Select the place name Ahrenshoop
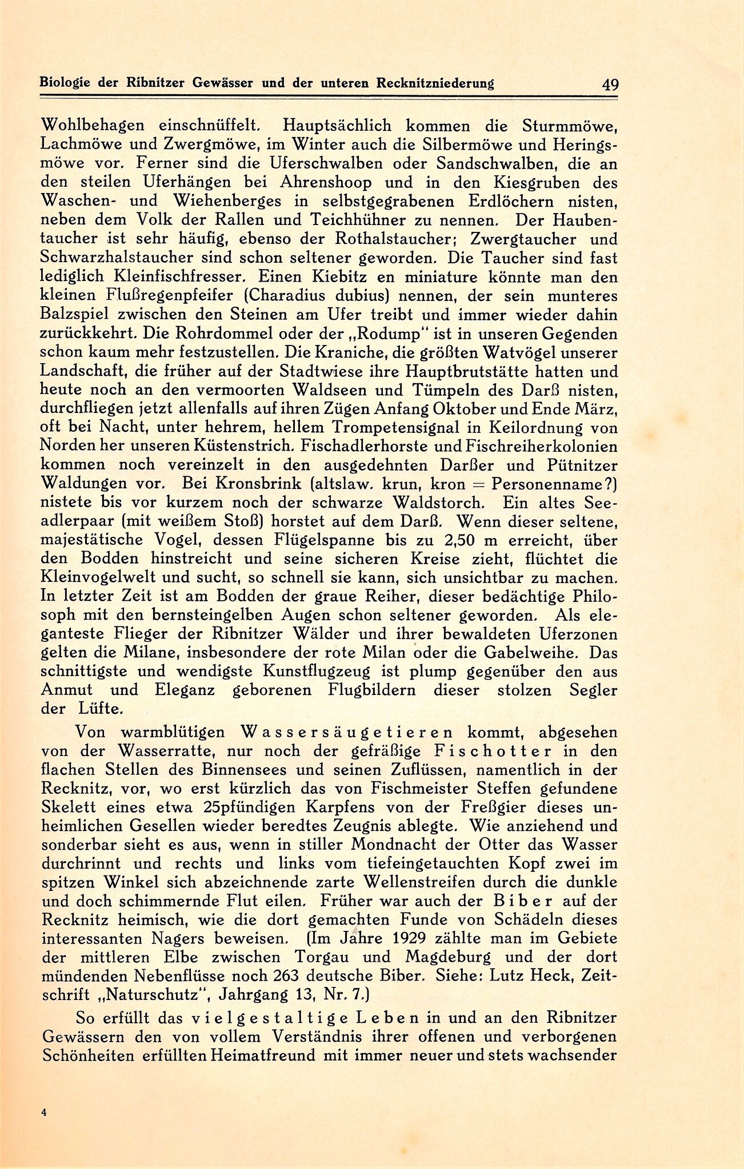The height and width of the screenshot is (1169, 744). [x=326, y=183]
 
